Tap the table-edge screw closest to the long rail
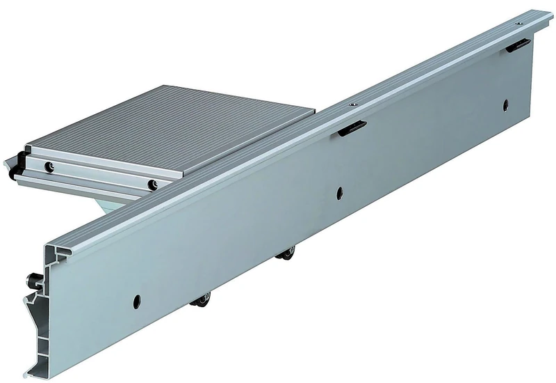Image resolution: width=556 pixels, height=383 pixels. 153,184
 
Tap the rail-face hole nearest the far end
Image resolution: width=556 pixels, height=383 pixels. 506,105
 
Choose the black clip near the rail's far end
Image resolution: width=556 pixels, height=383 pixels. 518,45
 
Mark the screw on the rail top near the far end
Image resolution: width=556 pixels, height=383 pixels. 518,23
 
